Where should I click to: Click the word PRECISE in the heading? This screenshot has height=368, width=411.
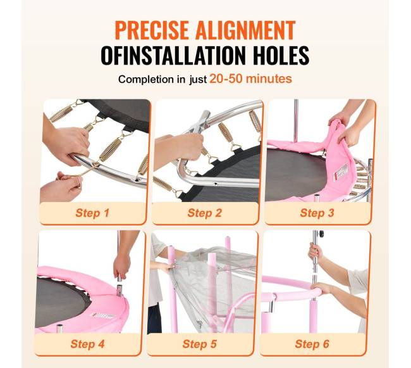[x=152, y=30]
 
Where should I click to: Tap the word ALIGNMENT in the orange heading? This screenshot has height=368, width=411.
[x=245, y=30]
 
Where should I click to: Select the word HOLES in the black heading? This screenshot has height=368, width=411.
[x=281, y=55]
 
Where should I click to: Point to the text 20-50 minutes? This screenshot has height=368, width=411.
[x=250, y=79]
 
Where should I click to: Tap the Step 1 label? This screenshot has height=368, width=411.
[x=92, y=213]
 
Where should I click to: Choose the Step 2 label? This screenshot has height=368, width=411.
[x=205, y=213]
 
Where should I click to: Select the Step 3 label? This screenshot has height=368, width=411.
[x=317, y=213]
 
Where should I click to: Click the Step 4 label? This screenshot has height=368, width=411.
[x=87, y=344]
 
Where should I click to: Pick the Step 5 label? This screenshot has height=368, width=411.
[x=199, y=344]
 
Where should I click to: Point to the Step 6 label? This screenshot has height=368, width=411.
[x=312, y=344]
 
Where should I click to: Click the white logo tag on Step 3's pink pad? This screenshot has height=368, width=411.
[x=340, y=172]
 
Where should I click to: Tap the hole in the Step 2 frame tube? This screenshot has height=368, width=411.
[x=216, y=184]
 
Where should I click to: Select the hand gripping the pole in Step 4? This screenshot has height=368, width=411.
[x=121, y=267]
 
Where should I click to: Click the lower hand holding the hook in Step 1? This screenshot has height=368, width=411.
[x=62, y=185]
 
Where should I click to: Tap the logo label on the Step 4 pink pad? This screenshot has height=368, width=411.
[x=102, y=315]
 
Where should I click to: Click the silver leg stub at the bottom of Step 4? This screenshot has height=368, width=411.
[x=60, y=329]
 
